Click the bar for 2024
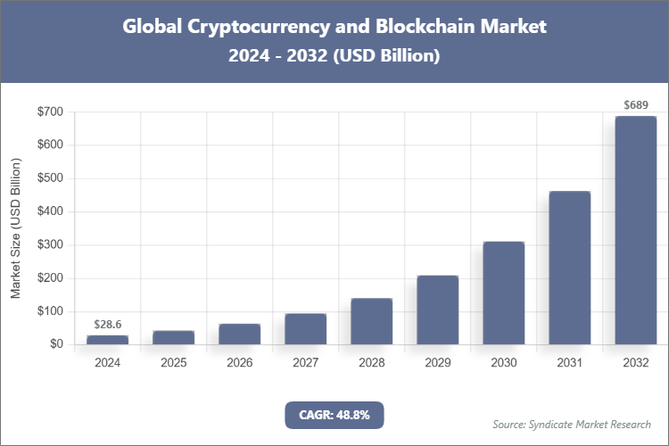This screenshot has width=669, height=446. [x=107, y=340]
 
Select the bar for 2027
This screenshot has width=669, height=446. [x=305, y=329]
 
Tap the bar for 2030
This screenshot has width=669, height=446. [x=503, y=293]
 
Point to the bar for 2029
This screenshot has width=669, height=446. [x=437, y=310]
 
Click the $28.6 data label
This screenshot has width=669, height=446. [x=107, y=324]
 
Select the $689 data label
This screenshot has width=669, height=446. [x=635, y=105]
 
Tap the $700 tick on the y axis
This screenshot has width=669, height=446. [x=50, y=112]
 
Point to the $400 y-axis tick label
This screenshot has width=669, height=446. [x=50, y=212]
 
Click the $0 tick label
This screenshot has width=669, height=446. [x=55, y=344]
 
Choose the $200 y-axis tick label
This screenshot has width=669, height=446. [x=50, y=278]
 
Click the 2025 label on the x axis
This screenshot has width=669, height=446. [x=173, y=363]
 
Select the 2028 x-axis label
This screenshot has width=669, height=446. [x=371, y=363]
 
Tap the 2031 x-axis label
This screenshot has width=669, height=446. [x=569, y=363]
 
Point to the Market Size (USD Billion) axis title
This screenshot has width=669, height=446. [x=15, y=228]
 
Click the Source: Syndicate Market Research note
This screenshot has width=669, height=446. [x=572, y=424]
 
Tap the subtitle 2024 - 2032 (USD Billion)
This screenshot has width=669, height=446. [x=334, y=56]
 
